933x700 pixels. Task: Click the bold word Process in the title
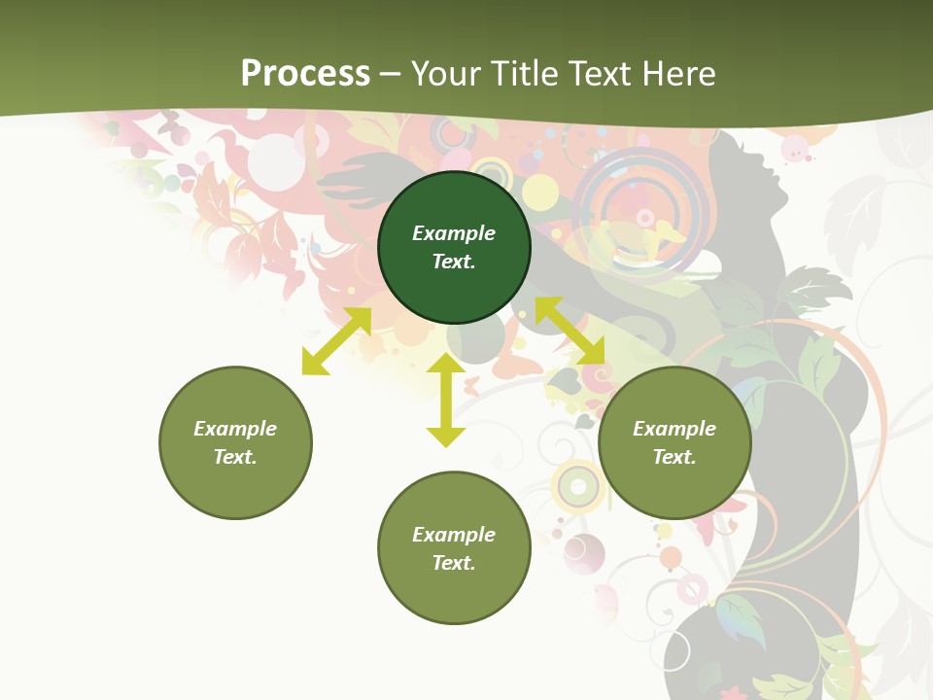(305, 74)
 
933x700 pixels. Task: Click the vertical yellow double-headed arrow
(446, 400)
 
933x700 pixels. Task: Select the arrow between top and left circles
(336, 341)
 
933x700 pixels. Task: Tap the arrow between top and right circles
(570, 332)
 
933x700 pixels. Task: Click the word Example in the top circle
(454, 233)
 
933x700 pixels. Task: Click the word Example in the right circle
(674, 429)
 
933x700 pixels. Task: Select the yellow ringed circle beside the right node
(579, 483)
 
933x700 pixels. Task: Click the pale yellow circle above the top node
(540, 192)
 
